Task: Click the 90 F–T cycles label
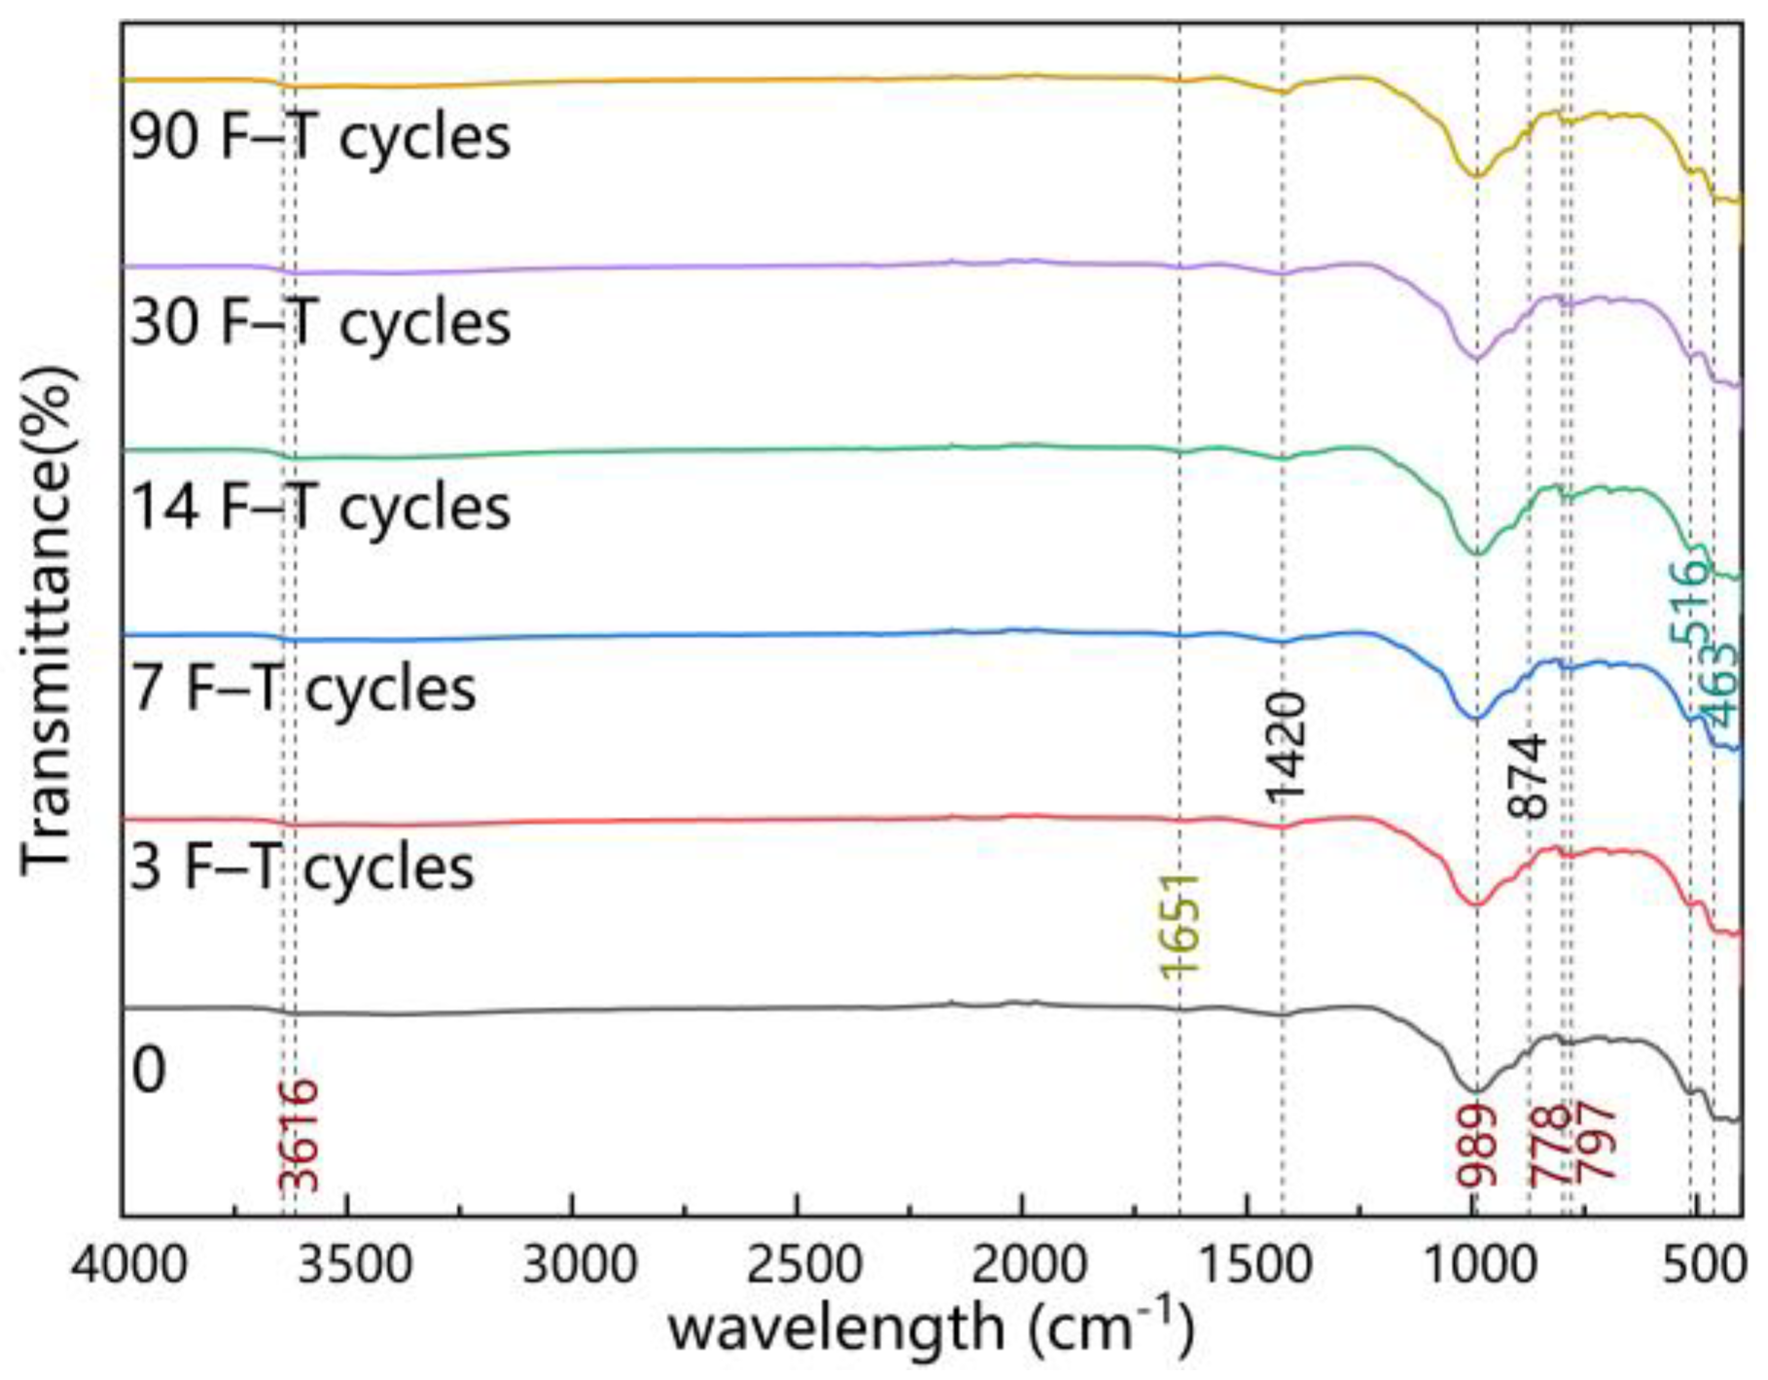coord(320,137)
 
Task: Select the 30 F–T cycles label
coord(320,322)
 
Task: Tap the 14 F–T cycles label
coord(320,507)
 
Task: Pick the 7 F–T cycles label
coord(302,689)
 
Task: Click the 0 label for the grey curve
coord(149,1070)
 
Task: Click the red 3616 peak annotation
coord(299,1135)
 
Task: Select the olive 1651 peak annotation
coord(1182,924)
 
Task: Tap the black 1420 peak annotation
coord(1286,747)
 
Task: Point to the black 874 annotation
coord(1527,776)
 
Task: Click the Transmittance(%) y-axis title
coord(47,619)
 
